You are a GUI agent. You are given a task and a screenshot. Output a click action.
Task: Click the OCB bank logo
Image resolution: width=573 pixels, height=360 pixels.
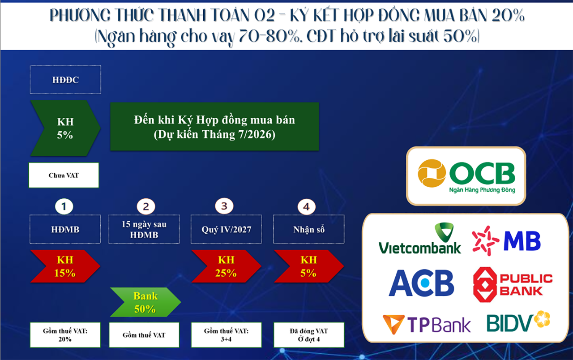point(466,176)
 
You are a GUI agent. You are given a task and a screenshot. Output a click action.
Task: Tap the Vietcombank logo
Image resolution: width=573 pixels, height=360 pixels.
point(419,240)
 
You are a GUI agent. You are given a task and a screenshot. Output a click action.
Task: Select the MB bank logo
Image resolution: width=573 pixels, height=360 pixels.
point(506,240)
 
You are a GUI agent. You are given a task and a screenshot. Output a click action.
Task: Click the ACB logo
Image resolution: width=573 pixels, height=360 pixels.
point(421,283)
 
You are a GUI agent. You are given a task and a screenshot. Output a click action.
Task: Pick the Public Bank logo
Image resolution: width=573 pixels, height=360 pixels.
point(513,284)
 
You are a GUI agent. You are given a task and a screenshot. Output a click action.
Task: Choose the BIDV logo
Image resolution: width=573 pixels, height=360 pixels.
point(518,321)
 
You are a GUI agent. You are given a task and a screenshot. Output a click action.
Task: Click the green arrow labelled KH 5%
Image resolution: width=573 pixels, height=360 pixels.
point(65,129)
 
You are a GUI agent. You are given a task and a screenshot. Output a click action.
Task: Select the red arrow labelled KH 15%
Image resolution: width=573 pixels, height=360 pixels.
point(65,266)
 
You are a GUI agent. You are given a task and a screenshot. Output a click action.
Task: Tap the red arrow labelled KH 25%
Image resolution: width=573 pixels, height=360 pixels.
point(226,266)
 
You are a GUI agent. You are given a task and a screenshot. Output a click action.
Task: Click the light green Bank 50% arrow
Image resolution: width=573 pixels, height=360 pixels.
point(145,303)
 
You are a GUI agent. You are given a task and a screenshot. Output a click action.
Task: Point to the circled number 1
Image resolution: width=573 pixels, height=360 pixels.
point(64,206)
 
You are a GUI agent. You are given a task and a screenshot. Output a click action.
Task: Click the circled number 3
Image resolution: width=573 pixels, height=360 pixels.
point(224,206)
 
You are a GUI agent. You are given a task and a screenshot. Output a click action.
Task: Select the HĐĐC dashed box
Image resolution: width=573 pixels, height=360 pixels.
point(65,80)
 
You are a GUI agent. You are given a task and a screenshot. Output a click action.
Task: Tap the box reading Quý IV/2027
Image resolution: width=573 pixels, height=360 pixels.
point(226,230)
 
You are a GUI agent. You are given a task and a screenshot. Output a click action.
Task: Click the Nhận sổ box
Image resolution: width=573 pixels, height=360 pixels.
point(309,230)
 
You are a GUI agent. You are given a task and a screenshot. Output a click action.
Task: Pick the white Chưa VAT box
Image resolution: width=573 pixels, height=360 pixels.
point(64,175)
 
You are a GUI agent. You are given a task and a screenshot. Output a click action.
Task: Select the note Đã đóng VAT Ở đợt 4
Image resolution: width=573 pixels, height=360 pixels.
point(309,335)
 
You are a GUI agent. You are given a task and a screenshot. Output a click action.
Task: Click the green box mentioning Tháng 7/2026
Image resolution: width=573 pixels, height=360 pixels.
point(214,127)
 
